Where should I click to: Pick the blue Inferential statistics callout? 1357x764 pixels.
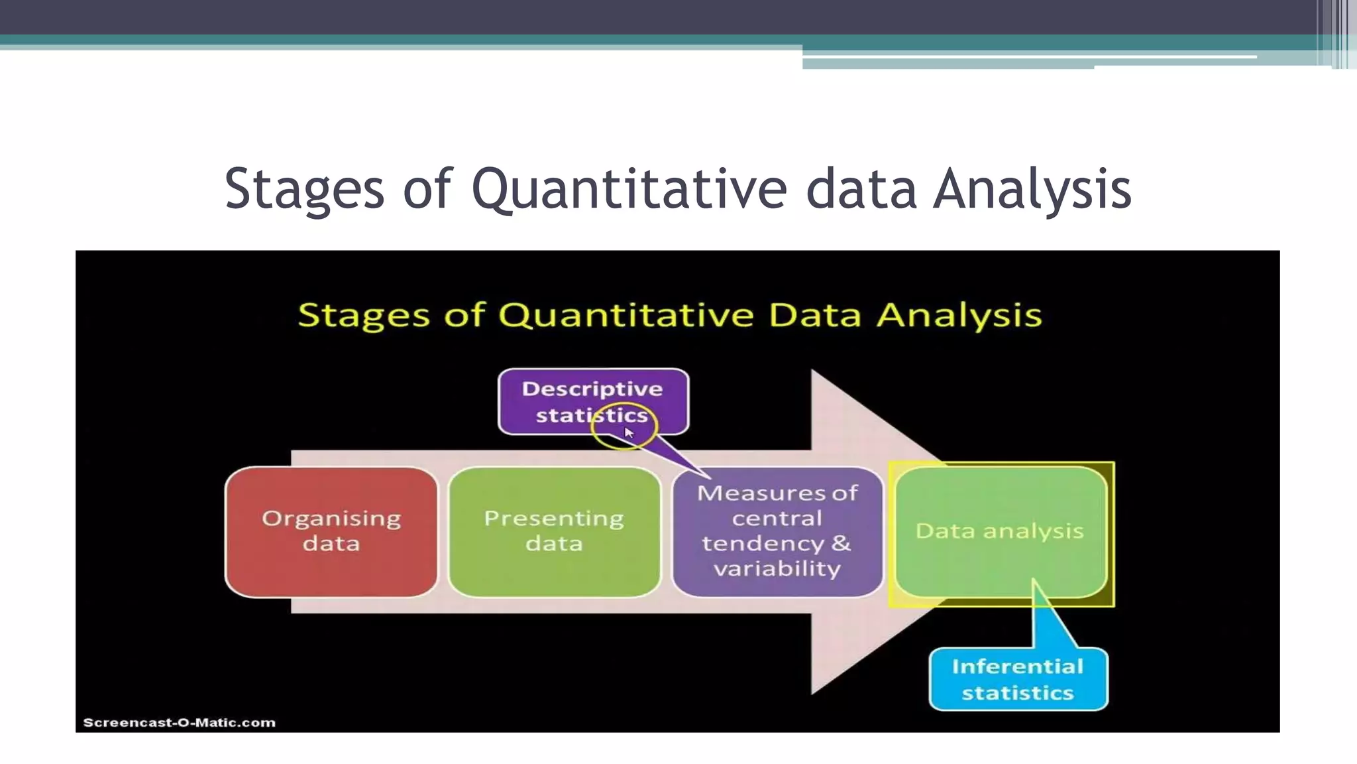point(1018,679)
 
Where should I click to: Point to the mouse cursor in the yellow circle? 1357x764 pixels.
point(629,433)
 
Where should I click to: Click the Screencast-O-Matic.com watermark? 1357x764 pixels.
point(179,722)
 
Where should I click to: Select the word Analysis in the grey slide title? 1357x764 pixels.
point(1032,189)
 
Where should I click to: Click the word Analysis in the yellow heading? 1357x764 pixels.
point(959,314)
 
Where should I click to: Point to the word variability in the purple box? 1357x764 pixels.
point(777,568)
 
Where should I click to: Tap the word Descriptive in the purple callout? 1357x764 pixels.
point(592,389)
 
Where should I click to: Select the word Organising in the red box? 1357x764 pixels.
point(331,518)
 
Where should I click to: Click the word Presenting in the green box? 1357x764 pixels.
point(554,518)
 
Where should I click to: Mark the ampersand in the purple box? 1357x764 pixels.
point(841,542)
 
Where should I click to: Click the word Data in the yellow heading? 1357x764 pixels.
point(815,314)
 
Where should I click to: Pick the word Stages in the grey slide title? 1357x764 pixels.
point(304,189)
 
